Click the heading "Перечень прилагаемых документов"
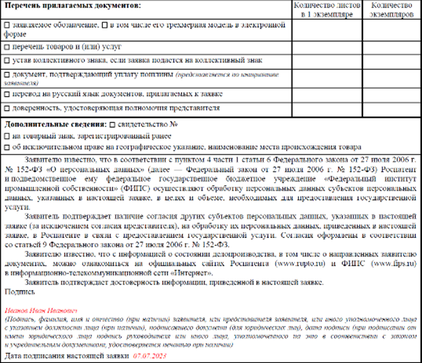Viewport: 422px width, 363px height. [x=74, y=7]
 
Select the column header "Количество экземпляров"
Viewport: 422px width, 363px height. [x=392, y=10]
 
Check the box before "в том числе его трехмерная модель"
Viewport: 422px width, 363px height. [x=104, y=25]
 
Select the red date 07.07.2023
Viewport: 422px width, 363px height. [x=149, y=355]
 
